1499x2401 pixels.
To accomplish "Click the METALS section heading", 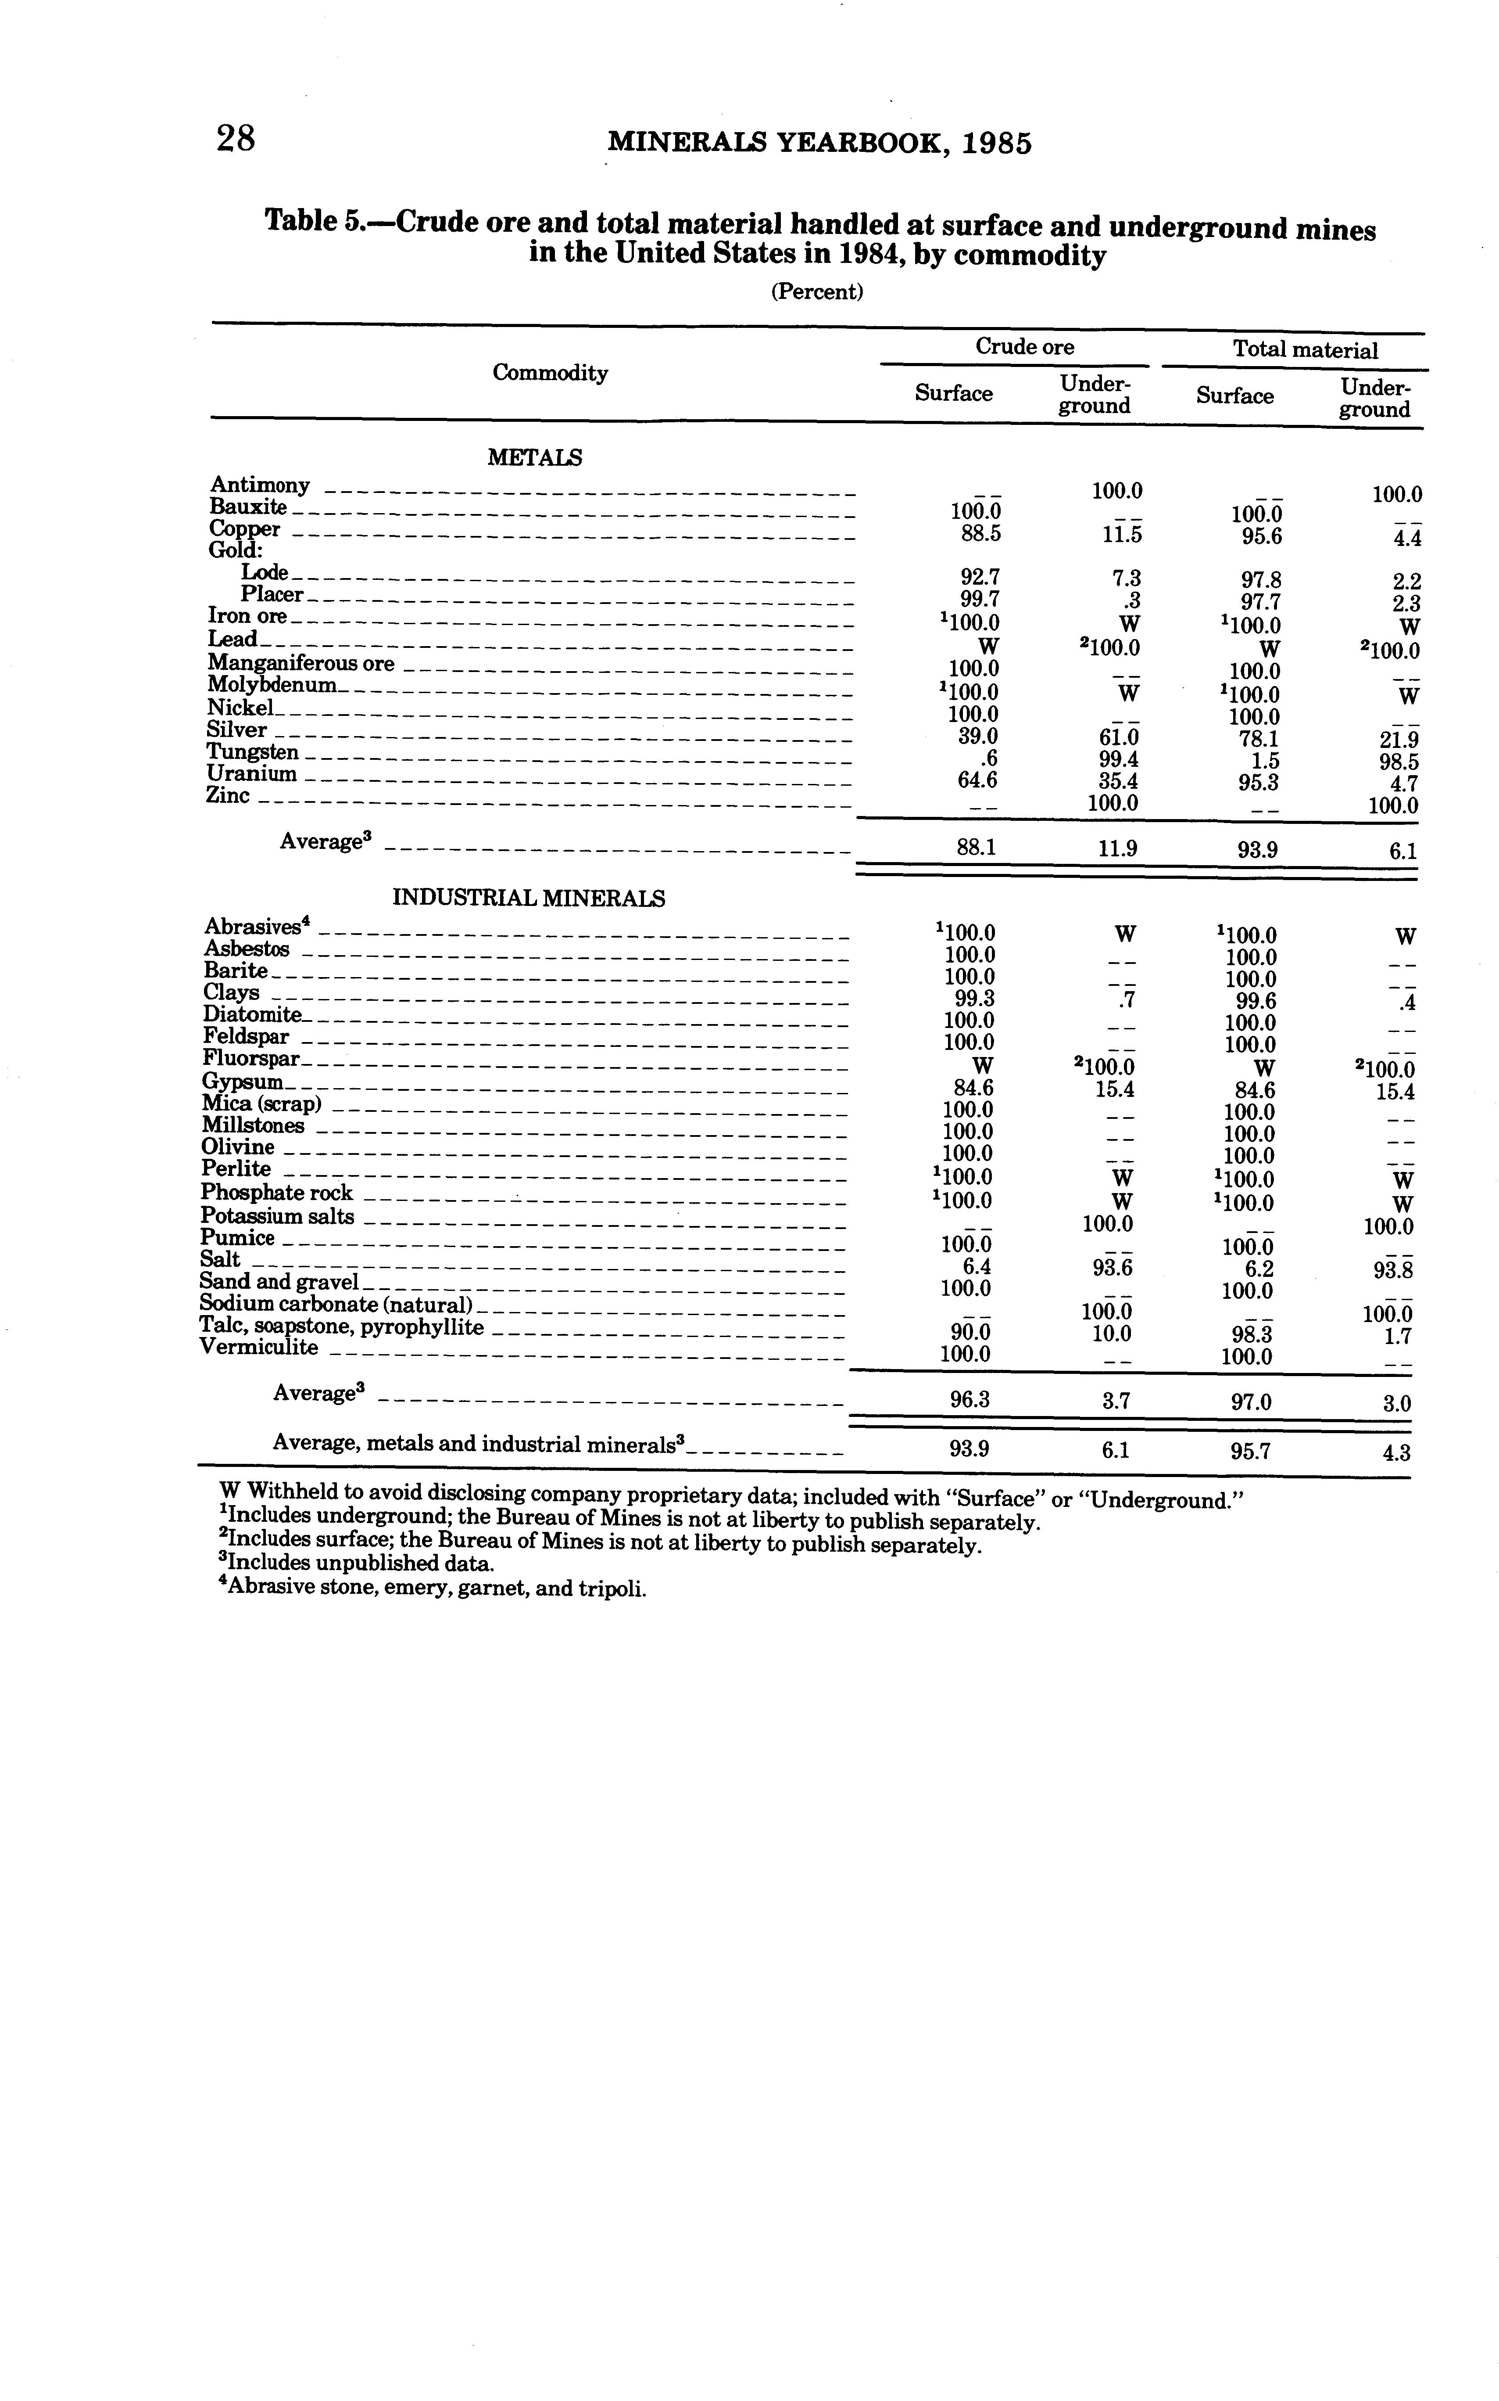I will (x=534, y=458).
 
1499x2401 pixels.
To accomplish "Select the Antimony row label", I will (x=260, y=485).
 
